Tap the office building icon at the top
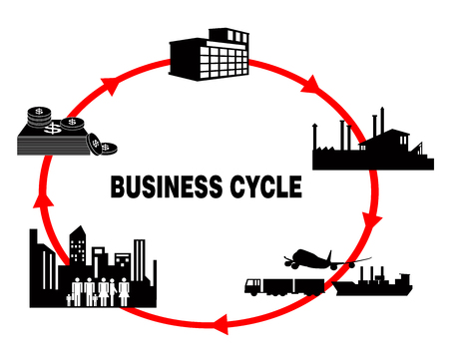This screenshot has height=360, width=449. pyautogui.click(x=211, y=56)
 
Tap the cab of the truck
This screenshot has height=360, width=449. pyautogui.click(x=254, y=286)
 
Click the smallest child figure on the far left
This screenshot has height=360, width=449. pyautogui.click(x=71, y=297)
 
